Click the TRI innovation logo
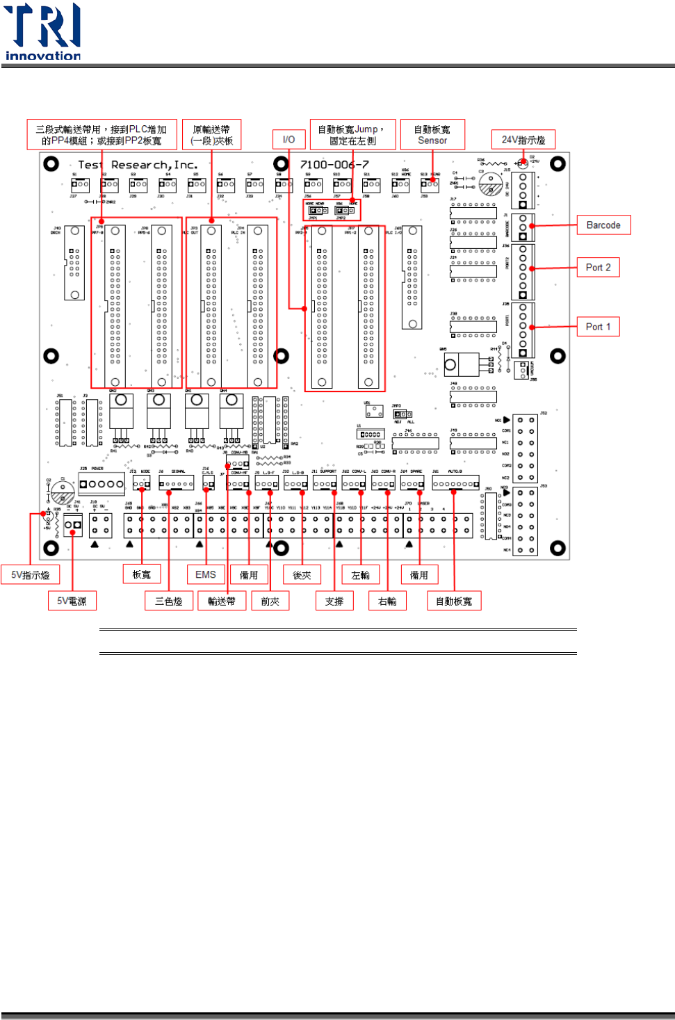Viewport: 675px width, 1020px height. point(42,32)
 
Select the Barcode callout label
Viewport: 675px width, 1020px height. point(603,225)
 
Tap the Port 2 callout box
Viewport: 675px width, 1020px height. point(598,268)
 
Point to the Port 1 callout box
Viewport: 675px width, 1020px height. point(598,327)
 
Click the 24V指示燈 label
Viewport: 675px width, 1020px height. point(523,140)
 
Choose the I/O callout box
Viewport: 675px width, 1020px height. point(288,140)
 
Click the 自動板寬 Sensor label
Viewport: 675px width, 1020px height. point(432,135)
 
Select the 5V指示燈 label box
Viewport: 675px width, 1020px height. point(31,575)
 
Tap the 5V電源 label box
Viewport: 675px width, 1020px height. point(72,601)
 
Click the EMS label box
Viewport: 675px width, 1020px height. point(205,574)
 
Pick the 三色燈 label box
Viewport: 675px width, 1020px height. point(168,601)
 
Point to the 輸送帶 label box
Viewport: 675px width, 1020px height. point(222,601)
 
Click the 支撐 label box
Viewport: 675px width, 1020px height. point(334,601)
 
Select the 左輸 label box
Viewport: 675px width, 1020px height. point(360,574)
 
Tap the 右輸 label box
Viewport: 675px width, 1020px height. point(387,601)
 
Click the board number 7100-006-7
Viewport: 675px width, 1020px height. point(334,165)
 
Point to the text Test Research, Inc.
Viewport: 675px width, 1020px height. point(138,165)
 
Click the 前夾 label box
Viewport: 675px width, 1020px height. point(270,601)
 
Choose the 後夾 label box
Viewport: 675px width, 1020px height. point(302,574)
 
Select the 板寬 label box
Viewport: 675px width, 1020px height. point(142,574)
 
